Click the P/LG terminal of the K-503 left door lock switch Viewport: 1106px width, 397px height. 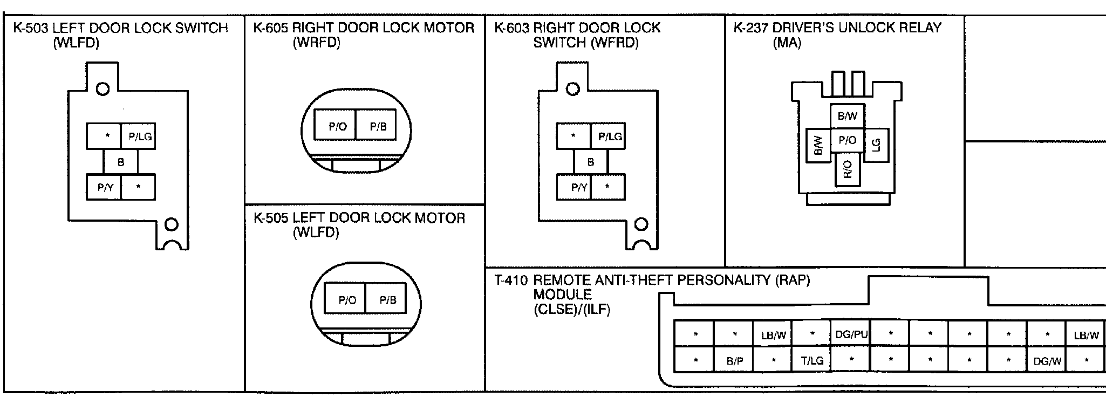coord(139,136)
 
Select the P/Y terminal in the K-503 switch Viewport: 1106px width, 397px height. coord(104,187)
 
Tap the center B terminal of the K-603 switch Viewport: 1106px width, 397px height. coord(591,162)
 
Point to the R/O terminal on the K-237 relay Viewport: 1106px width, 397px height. coord(847,169)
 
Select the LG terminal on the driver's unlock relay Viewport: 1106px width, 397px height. coord(876,145)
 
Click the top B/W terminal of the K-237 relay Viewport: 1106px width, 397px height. coord(848,116)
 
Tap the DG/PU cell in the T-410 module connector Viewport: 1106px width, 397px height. coord(851,334)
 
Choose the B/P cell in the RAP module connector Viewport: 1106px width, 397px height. coord(734,360)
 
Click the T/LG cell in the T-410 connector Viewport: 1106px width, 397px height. coord(812,360)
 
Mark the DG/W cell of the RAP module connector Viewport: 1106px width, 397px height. coord(1047,360)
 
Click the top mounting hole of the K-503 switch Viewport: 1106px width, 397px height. coord(103,89)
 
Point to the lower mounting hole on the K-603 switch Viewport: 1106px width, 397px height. coord(641,223)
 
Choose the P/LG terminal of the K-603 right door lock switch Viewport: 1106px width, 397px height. coord(609,136)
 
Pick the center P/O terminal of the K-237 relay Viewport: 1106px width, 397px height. coord(848,141)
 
